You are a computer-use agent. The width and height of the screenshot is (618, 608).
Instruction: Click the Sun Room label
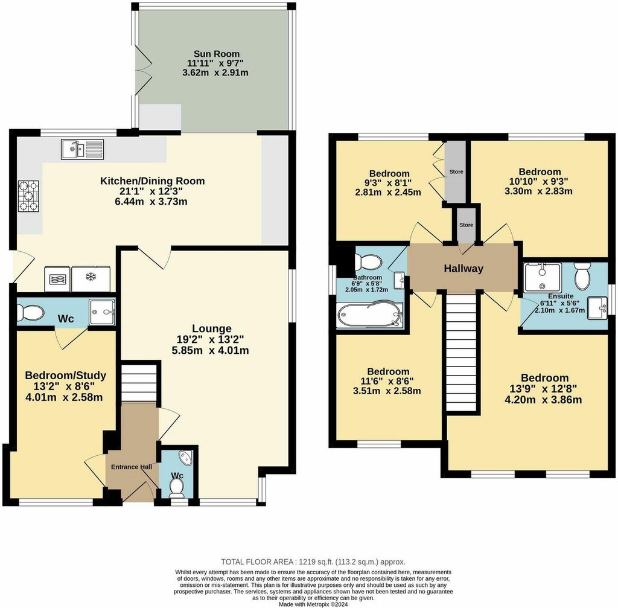(217, 54)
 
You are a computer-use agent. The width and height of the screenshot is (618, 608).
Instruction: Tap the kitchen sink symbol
(83, 150)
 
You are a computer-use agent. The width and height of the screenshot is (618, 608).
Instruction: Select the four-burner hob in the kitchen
(29, 196)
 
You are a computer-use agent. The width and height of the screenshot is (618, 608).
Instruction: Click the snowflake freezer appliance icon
(91, 279)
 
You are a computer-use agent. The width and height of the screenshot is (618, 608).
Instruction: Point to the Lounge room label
(212, 328)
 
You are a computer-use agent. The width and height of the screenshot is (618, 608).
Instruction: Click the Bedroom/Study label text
(65, 375)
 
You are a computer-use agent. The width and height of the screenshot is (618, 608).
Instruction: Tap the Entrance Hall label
(131, 467)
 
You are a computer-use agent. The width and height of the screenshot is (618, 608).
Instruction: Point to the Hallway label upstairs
(463, 269)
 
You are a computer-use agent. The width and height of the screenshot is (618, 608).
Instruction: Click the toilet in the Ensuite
(582, 276)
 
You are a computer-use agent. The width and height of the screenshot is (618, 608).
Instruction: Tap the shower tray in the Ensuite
(543, 277)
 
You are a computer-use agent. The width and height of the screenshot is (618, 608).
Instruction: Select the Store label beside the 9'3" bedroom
(456, 172)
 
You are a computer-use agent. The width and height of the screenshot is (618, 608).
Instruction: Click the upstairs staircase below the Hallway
(461, 353)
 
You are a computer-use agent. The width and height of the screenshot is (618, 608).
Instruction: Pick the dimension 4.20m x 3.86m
(543, 400)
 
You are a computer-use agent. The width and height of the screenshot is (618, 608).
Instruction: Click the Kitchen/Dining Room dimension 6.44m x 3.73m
(152, 202)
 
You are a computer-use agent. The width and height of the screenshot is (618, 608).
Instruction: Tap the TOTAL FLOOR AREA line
(313, 562)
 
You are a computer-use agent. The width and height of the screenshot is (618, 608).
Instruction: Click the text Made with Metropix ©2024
(313, 604)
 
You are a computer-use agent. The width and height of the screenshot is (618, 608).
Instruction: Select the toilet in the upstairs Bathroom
(368, 261)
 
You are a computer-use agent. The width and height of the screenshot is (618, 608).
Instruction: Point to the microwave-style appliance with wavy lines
(57, 279)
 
